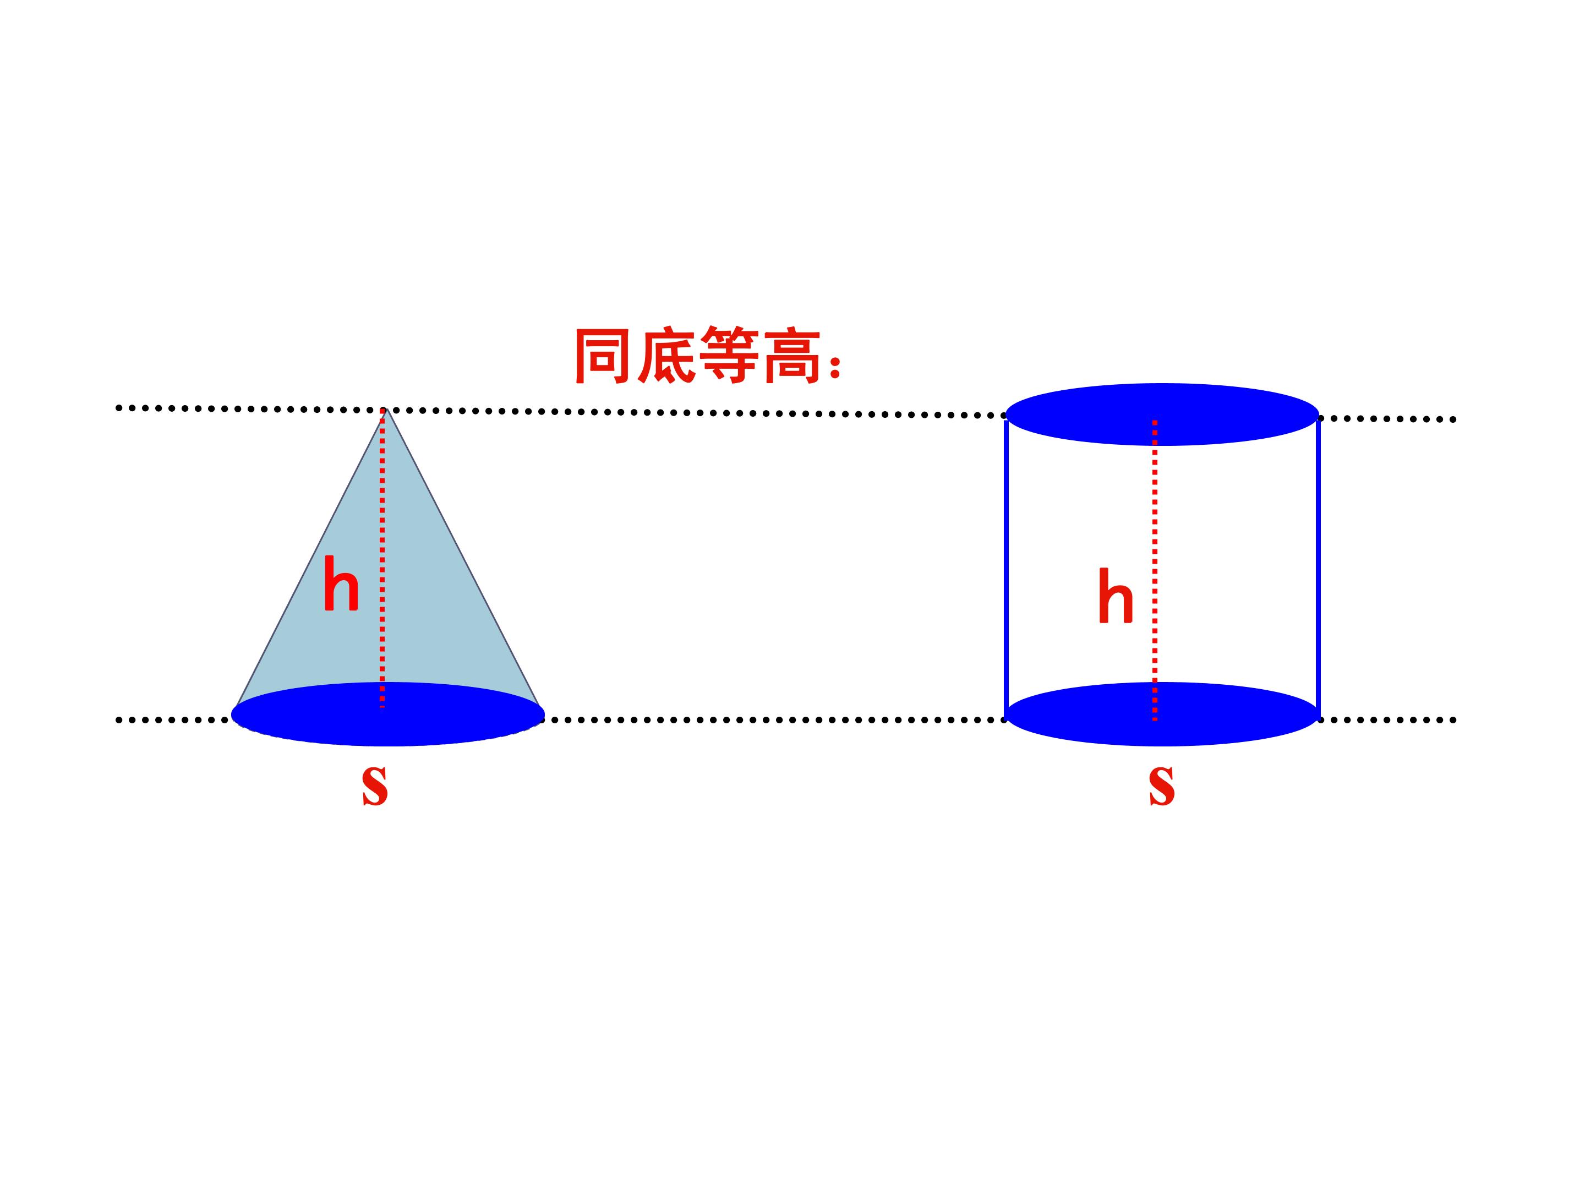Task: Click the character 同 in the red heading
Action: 603,356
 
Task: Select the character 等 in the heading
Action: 729,356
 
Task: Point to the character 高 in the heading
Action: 792,356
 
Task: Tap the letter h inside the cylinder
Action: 1115,596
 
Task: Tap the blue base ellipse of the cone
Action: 387,714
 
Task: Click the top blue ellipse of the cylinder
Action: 1162,414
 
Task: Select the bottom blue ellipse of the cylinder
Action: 1162,714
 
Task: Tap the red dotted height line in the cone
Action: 382,558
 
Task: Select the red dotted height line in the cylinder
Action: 1155,570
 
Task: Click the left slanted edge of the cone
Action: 310,557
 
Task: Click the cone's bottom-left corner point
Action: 236,707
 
